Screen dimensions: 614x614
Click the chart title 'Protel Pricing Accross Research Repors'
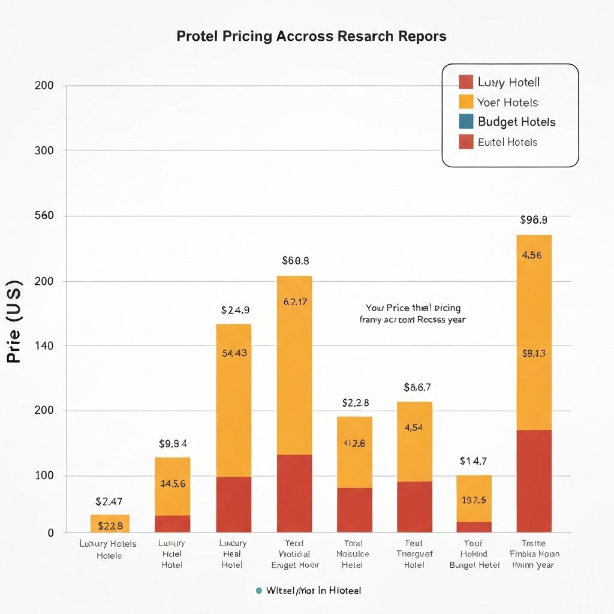tap(311, 36)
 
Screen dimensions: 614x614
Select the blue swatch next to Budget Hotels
tap(466, 122)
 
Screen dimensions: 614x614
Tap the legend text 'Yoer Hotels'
tap(508, 102)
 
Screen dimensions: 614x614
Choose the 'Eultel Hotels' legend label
tap(507, 142)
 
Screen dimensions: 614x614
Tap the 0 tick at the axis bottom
tap(50, 532)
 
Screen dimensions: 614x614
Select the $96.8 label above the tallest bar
tap(533, 220)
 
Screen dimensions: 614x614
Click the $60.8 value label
tap(295, 261)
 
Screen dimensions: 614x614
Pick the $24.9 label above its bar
tap(235, 310)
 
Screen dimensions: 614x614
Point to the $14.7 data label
tap(473, 461)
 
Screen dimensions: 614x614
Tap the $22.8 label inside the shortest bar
tap(110, 526)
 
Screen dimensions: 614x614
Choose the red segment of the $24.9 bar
tap(233, 504)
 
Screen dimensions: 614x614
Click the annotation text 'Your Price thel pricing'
tap(413, 308)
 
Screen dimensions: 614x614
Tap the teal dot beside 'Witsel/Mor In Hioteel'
tap(258, 591)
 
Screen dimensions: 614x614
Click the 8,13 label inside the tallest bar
tap(533, 353)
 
